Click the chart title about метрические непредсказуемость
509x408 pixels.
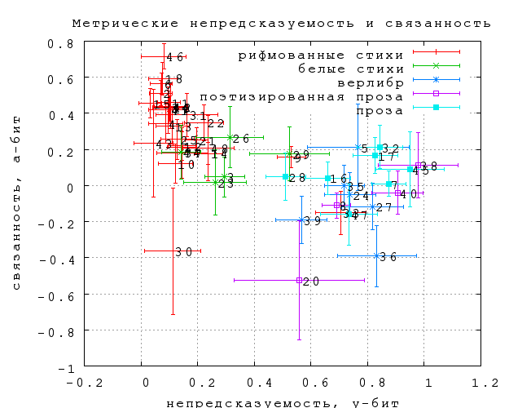click(281, 23)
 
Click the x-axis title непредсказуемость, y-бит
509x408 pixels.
click(281, 401)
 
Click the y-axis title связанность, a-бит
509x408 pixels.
click(16, 204)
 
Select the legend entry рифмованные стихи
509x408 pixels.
click(320, 55)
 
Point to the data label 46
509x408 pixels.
click(174, 58)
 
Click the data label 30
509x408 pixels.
click(183, 252)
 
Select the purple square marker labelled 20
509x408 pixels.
click(300, 280)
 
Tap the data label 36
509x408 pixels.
click(388, 257)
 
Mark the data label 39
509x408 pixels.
click(313, 221)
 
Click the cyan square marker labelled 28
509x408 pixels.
click(285, 176)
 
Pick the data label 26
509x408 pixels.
click(241, 140)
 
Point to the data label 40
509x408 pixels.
click(408, 195)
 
